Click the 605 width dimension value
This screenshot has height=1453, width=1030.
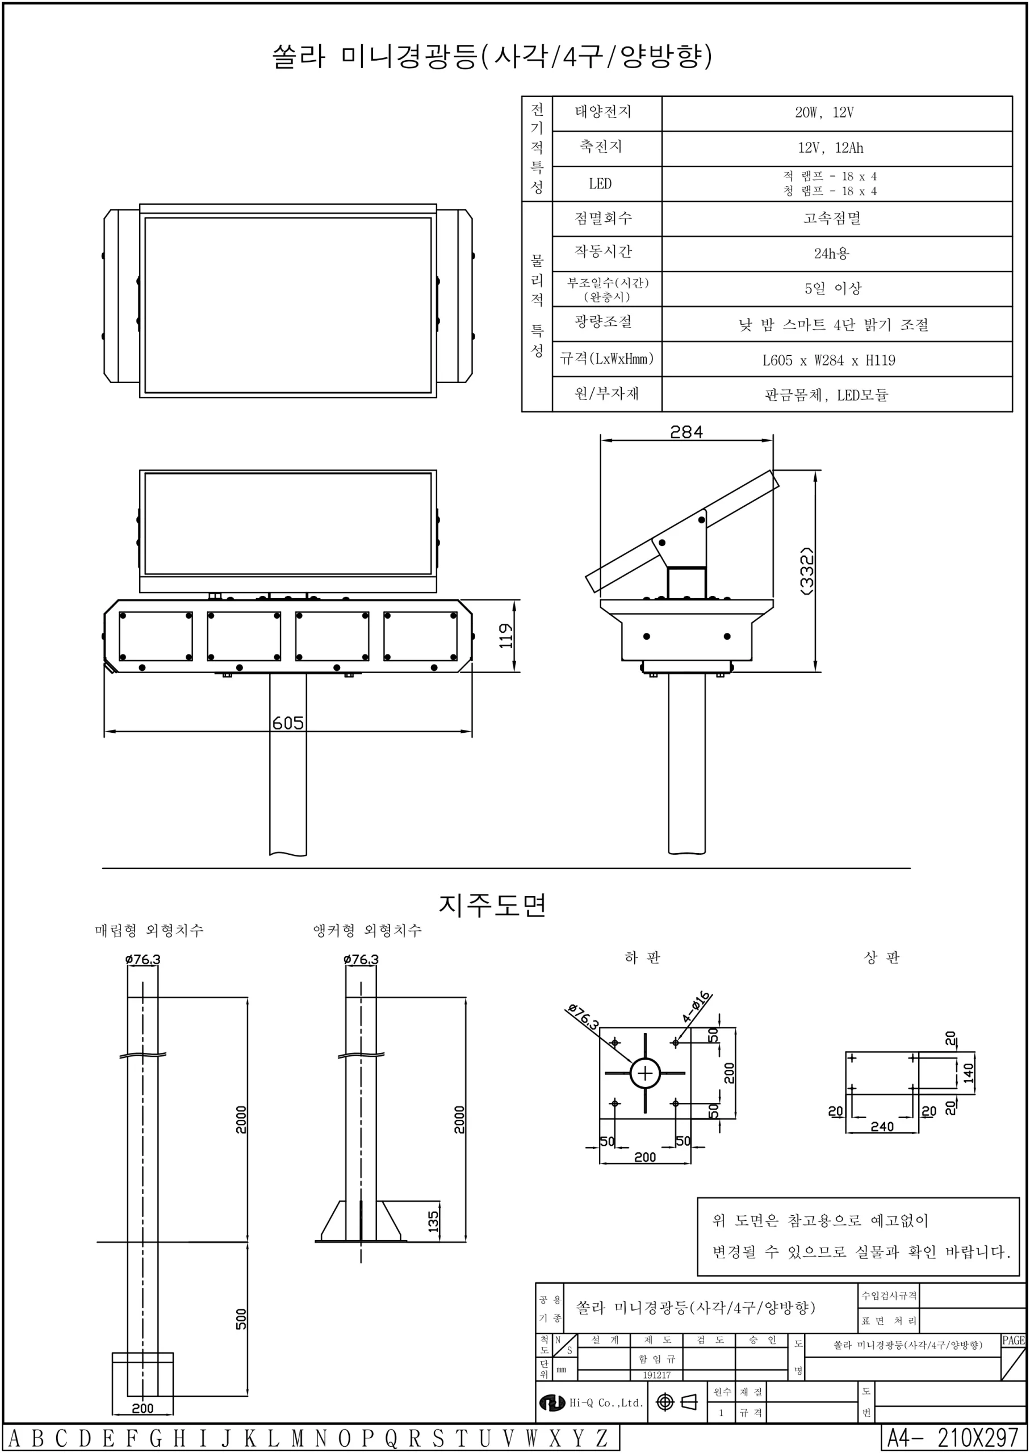(288, 723)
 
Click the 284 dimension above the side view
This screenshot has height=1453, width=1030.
(686, 432)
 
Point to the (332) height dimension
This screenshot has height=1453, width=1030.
(807, 570)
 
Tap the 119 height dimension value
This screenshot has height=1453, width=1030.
(505, 635)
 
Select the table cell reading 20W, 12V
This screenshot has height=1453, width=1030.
(824, 113)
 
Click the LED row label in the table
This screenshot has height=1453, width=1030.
(600, 184)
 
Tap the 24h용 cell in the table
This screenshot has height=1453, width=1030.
(831, 254)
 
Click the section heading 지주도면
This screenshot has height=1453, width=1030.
(492, 905)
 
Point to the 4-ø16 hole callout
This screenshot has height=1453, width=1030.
(696, 1007)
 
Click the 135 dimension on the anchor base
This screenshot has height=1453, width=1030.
(433, 1220)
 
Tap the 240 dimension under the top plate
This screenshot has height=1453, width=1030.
(882, 1127)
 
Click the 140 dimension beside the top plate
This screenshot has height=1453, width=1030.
(968, 1073)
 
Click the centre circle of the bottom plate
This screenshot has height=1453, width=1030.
(645, 1074)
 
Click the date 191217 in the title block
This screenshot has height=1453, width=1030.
(656, 1375)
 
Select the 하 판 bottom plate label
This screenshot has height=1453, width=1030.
(643, 958)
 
